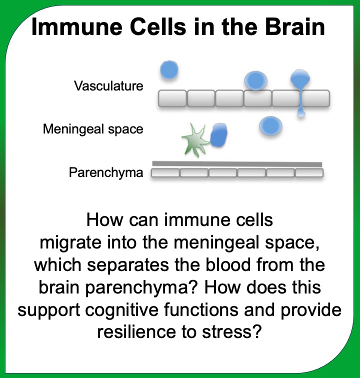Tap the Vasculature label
click(108, 86)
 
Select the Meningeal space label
click(93, 129)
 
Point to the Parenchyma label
click(106, 172)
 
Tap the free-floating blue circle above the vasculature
click(169, 69)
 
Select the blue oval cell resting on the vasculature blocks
click(256, 80)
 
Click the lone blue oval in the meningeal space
click(271, 126)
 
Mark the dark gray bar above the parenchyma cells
click(237, 164)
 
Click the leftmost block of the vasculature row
click(172, 98)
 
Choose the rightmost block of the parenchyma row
click(309, 173)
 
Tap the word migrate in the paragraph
click(70, 243)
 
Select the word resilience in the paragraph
click(136, 331)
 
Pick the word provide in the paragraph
click(311, 310)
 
